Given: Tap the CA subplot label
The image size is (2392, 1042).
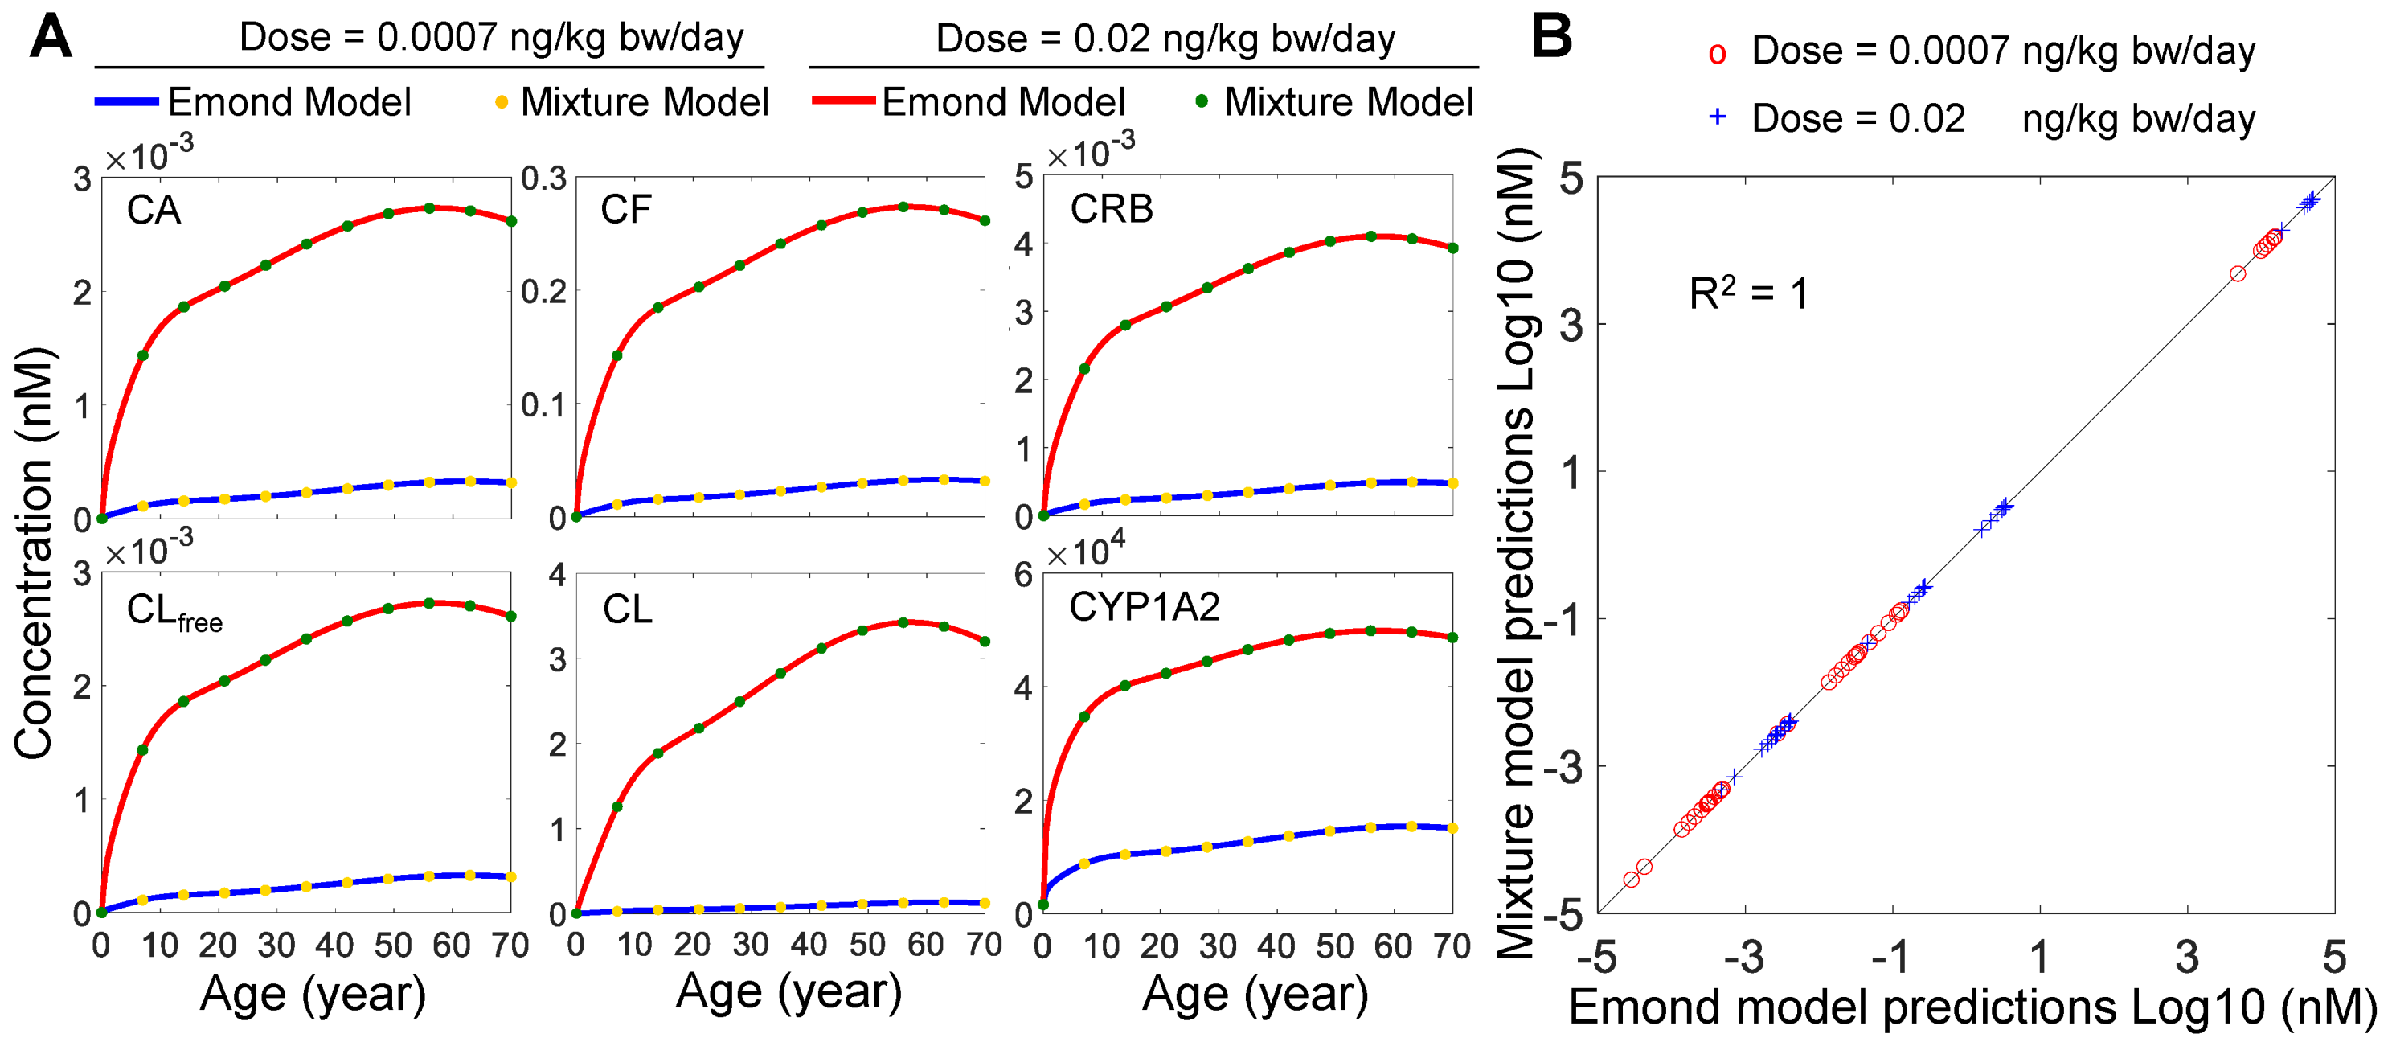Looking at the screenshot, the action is (x=154, y=210).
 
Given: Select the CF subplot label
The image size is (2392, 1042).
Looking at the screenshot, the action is (x=626, y=209).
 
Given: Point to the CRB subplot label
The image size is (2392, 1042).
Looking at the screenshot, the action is (x=1112, y=208).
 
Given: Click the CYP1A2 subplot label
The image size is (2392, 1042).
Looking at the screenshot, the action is (x=1144, y=606).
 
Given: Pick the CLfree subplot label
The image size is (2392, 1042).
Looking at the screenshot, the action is (x=174, y=613).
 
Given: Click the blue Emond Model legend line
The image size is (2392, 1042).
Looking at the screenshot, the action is (x=126, y=101).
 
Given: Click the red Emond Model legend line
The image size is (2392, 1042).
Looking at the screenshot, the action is (x=843, y=101).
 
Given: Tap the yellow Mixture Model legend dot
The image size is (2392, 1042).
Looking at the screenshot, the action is (x=502, y=102).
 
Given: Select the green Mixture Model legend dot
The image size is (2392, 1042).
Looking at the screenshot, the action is (x=1202, y=101).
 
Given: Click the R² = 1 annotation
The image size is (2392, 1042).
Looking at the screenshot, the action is (x=1748, y=293).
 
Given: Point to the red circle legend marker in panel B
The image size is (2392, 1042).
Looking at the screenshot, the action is (x=1717, y=55).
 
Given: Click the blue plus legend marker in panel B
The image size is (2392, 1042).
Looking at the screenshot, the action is (x=1717, y=117).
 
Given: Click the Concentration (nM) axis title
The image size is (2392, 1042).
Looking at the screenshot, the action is (x=34, y=552).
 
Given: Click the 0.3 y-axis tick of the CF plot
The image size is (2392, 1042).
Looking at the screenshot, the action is (x=543, y=178).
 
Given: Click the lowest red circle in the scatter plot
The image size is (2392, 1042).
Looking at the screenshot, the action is (x=1632, y=879).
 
